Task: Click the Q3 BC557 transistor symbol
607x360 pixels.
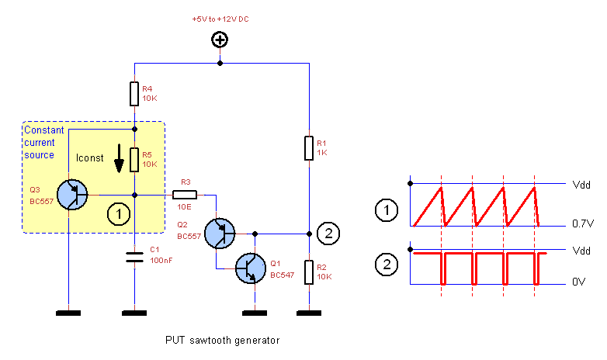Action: tap(72, 194)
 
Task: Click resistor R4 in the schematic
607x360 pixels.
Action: tap(134, 95)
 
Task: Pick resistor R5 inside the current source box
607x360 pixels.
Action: tap(134, 159)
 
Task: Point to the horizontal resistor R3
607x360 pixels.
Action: tap(186, 194)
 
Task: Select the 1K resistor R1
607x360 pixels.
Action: tap(309, 147)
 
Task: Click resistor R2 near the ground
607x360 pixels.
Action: tap(309, 272)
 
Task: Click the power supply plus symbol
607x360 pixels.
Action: tap(220, 40)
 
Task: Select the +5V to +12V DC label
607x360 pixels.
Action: tap(220, 18)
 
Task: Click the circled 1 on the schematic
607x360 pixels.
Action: tap(117, 213)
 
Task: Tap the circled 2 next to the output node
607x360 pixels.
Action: tap(329, 232)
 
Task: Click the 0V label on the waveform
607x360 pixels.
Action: tap(578, 282)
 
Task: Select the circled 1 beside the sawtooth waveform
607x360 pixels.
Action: tap(385, 209)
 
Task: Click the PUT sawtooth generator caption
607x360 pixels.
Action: tap(222, 340)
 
